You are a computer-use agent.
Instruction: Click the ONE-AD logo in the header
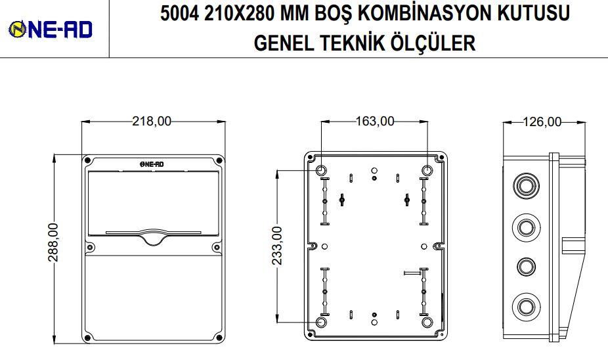(50, 29)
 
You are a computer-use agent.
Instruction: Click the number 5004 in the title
(181, 14)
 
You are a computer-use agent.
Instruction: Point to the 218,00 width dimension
(152, 122)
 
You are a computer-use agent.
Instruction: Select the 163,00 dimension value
(375, 122)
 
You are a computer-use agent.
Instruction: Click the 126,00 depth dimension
(542, 122)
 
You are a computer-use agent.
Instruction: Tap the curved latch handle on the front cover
(152, 238)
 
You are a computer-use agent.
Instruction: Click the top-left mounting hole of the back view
(322, 171)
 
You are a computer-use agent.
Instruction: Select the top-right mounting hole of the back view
(427, 171)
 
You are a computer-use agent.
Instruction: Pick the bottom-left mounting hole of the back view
(322, 323)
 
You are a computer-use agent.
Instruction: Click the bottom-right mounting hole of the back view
(427, 323)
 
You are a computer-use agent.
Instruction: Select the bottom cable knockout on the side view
(525, 306)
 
